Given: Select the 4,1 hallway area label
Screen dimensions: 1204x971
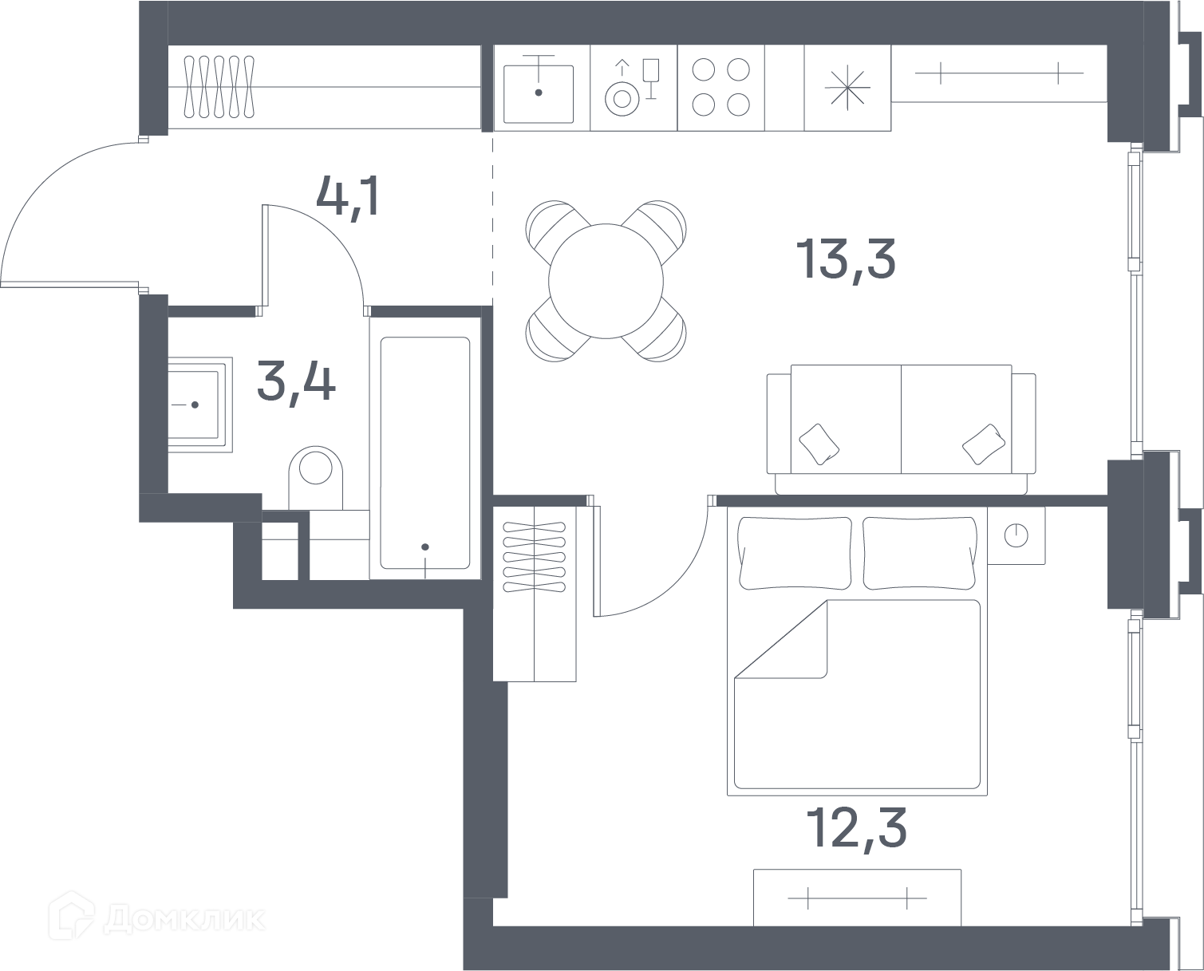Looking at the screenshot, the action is pos(348,196).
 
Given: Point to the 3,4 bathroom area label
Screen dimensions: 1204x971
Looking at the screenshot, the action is pos(297,383).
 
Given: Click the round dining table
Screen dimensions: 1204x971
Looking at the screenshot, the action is pos(606,281).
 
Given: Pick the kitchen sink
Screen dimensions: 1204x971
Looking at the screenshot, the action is pos(539,93).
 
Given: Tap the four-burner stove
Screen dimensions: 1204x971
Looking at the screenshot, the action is pos(720,87).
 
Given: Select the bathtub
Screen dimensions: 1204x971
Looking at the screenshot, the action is pos(425,452).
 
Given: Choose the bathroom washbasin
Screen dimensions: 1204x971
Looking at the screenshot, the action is pos(199,405).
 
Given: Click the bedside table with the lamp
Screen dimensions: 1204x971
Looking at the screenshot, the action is pos(1016,535).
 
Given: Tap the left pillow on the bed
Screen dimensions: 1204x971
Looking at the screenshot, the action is pos(795,553).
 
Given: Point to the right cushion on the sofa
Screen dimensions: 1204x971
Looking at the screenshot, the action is pos(984,444).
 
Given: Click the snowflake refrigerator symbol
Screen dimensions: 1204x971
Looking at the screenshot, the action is pos(847,88).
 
